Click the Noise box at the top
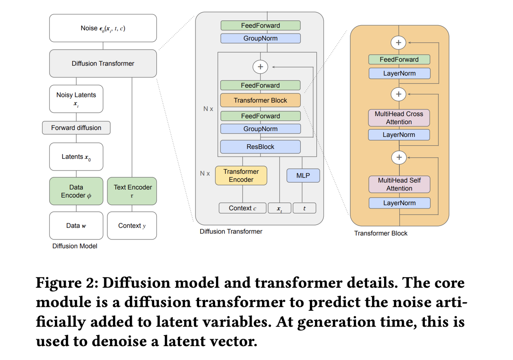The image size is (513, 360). click(103, 28)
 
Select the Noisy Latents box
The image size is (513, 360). click(76, 99)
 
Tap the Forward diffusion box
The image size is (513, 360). click(76, 128)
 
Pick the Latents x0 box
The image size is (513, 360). click(76, 157)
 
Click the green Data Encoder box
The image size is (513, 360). click(76, 191)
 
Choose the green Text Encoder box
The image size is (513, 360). click(132, 191)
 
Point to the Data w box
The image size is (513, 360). click(76, 226)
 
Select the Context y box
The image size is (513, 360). click(132, 226)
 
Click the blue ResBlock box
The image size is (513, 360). click(260, 147)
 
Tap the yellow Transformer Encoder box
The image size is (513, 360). click(241, 176)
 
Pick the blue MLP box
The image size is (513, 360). click(303, 176)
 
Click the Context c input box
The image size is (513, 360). click(242, 208)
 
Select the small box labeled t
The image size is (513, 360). click(304, 208)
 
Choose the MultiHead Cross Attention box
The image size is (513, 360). click(399, 118)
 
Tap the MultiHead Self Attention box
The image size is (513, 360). click(399, 184)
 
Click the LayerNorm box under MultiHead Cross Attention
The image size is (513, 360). click(399, 135)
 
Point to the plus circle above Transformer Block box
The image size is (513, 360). click(260, 67)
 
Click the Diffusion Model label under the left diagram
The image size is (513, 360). click(75, 246)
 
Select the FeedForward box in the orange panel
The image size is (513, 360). click(399, 59)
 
